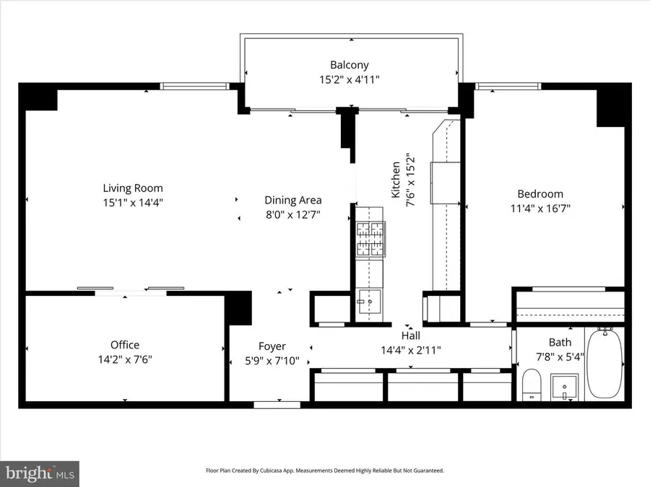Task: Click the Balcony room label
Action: click(350, 65)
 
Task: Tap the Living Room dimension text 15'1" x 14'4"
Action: click(132, 203)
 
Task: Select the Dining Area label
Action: click(293, 200)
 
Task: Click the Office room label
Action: click(125, 345)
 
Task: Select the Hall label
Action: click(411, 335)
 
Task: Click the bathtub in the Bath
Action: click(605, 364)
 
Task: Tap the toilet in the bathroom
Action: click(532, 384)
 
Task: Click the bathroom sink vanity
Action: click(563, 387)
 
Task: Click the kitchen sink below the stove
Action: click(371, 302)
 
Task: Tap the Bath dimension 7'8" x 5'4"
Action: click(560, 356)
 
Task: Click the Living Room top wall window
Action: click(194, 87)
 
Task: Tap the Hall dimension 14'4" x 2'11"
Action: click(411, 350)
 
